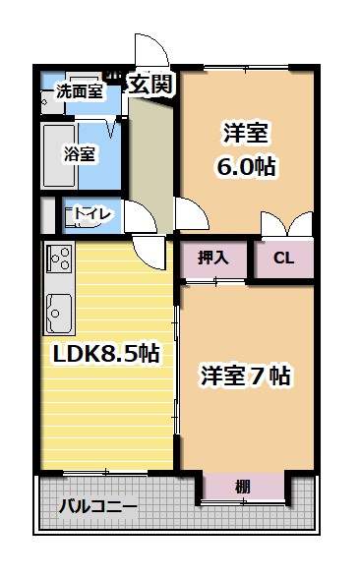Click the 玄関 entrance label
[x=153, y=85]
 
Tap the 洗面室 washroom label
[x=79, y=91]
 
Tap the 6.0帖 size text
[x=244, y=165]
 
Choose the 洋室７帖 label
[x=246, y=376]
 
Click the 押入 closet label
[x=213, y=259]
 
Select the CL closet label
[x=283, y=259]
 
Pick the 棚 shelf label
[x=242, y=486]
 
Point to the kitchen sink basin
[x=57, y=314]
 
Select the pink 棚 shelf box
[x=242, y=487]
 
